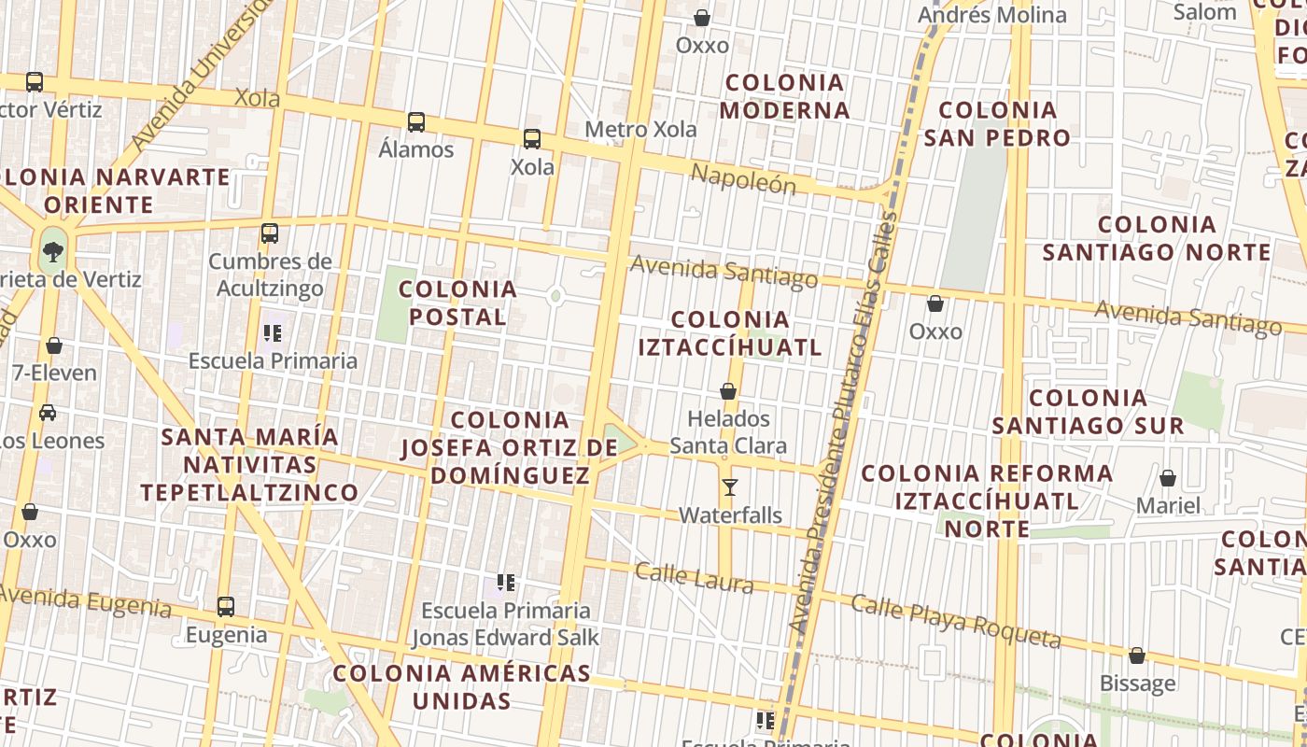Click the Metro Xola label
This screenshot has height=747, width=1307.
click(640, 129)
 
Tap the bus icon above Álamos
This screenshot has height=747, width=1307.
click(416, 122)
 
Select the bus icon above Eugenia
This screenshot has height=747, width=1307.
click(226, 607)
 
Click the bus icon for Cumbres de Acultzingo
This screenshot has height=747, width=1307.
click(270, 233)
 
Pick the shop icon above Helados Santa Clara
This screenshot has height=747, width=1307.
click(728, 391)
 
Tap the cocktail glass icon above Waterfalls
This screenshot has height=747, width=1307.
click(730, 487)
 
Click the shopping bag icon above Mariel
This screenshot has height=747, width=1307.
click(1168, 479)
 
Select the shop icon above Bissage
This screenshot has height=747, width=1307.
click(1137, 656)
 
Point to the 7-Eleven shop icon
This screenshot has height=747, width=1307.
click(54, 346)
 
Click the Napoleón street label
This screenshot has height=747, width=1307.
click(743, 178)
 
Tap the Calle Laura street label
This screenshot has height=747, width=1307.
click(694, 577)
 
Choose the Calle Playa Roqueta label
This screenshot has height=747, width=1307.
click(956, 621)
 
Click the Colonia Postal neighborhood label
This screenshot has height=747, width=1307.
click(457, 303)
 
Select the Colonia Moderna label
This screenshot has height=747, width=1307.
click(785, 96)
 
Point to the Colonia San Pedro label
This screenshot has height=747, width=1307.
click(997, 123)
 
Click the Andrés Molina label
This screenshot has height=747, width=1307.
click(991, 15)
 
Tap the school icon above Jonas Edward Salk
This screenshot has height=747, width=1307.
click(506, 584)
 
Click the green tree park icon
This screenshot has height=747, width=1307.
click(53, 250)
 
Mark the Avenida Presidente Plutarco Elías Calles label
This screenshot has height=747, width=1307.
click(844, 420)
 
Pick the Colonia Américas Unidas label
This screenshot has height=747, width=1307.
click(462, 686)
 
